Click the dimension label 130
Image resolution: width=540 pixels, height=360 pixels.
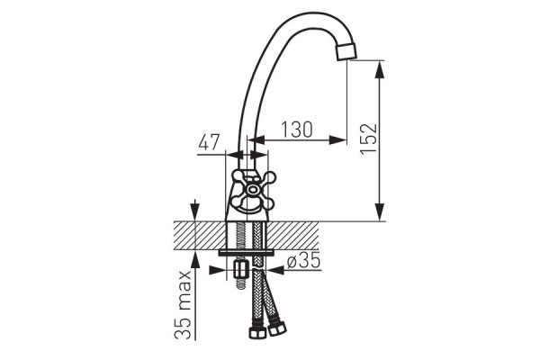297,130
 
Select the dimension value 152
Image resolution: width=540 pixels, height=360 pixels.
369,139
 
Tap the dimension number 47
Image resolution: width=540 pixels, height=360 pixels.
209,142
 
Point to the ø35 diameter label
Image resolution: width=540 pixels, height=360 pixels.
304,260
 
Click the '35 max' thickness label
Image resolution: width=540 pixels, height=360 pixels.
183,305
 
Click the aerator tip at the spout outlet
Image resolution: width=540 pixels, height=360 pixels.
346,51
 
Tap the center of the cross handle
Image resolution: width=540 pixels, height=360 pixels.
253,189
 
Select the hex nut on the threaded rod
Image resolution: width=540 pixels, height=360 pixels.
240,269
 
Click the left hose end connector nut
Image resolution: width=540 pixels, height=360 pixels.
256,332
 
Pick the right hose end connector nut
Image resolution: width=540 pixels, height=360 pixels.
277,328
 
